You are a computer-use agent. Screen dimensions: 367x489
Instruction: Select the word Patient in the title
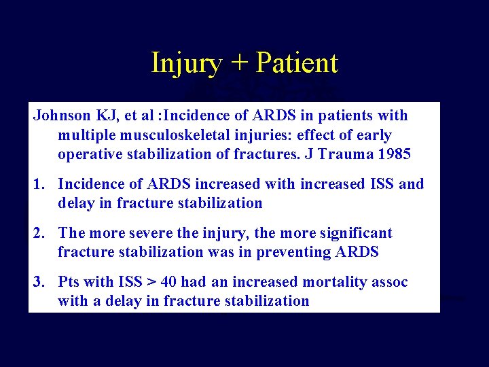click(x=297, y=63)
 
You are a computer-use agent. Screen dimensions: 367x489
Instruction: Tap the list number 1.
click(x=39, y=183)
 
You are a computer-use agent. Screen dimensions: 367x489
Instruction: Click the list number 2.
click(x=39, y=232)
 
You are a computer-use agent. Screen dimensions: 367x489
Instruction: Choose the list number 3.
click(x=39, y=281)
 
